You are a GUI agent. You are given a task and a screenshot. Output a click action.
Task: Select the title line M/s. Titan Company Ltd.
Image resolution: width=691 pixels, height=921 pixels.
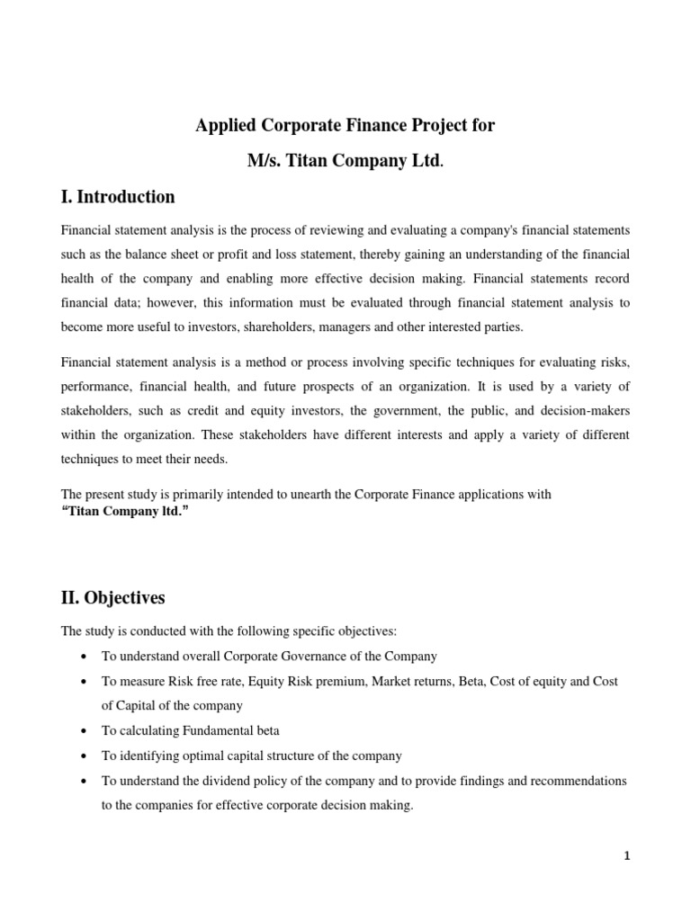tap(345, 161)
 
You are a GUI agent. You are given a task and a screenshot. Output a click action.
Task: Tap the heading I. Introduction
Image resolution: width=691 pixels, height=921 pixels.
tap(118, 197)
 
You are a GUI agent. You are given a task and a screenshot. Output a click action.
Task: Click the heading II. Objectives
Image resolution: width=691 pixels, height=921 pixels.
tap(113, 597)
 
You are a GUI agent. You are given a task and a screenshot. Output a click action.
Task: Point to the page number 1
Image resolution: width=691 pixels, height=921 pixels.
tap(627, 856)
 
